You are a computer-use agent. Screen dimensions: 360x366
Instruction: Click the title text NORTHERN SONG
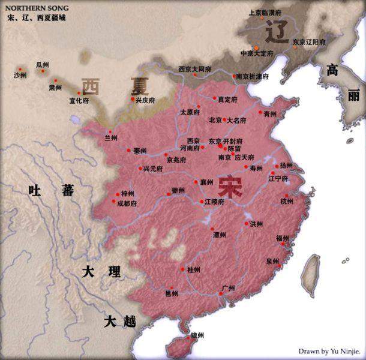(x=37, y=8)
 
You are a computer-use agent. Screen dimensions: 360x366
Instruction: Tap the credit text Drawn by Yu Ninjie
(x=330, y=350)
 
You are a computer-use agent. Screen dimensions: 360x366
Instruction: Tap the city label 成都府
(x=127, y=203)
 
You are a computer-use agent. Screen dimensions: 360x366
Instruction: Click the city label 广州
(x=228, y=287)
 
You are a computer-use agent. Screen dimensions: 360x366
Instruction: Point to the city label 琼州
(x=197, y=334)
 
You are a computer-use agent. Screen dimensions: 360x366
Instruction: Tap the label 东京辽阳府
(x=309, y=43)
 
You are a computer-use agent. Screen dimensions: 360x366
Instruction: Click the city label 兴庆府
(x=144, y=100)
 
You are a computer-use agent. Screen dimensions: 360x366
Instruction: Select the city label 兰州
(x=111, y=137)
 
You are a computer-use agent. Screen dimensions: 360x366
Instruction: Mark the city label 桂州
(x=194, y=269)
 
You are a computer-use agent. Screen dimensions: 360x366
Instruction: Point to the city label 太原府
(x=190, y=112)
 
